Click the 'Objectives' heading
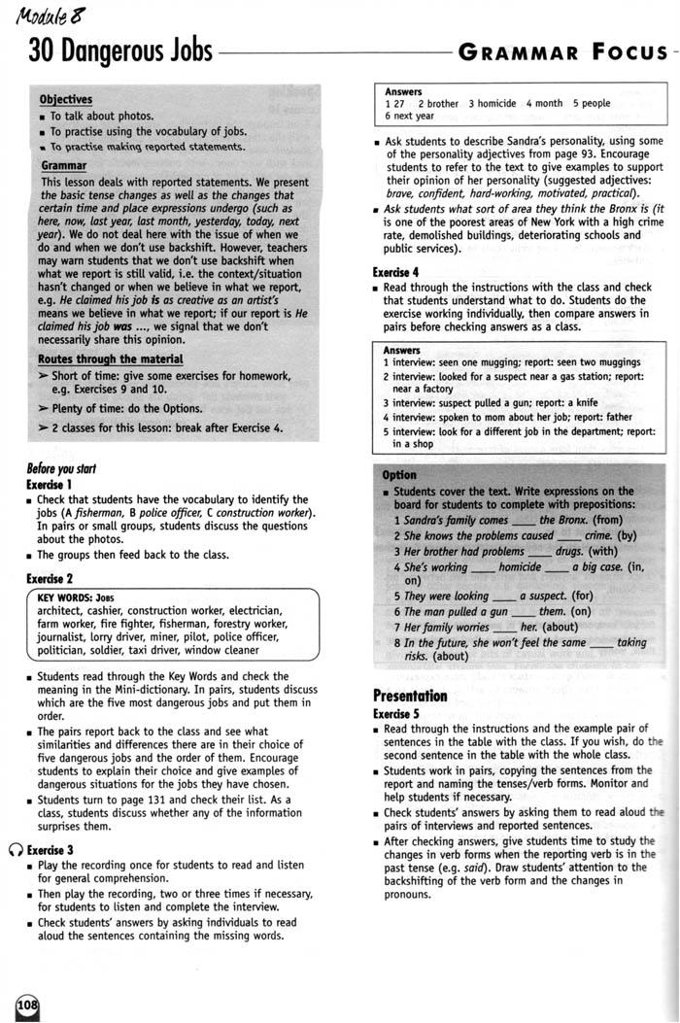click(66, 99)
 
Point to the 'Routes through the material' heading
click(112, 359)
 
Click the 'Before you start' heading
click(61, 468)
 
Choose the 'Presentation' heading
click(410, 696)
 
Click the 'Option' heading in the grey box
click(399, 475)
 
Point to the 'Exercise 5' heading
click(396, 713)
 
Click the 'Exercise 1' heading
click(50, 484)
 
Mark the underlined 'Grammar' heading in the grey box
click(64, 166)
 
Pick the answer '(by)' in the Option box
click(627, 535)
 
